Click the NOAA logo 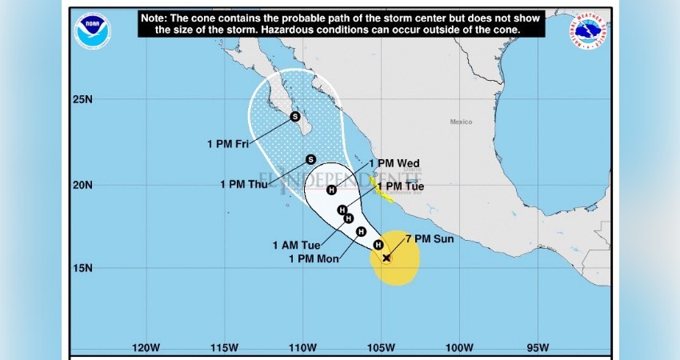click(x=93, y=32)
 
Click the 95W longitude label click(x=538, y=347)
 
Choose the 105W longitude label click(x=381, y=347)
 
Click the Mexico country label click(x=461, y=122)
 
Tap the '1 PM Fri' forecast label click(x=229, y=144)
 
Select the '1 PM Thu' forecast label click(x=244, y=184)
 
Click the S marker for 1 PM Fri click(x=294, y=117)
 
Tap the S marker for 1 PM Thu click(x=310, y=159)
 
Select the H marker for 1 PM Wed click(x=331, y=190)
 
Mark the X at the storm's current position click(x=386, y=258)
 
